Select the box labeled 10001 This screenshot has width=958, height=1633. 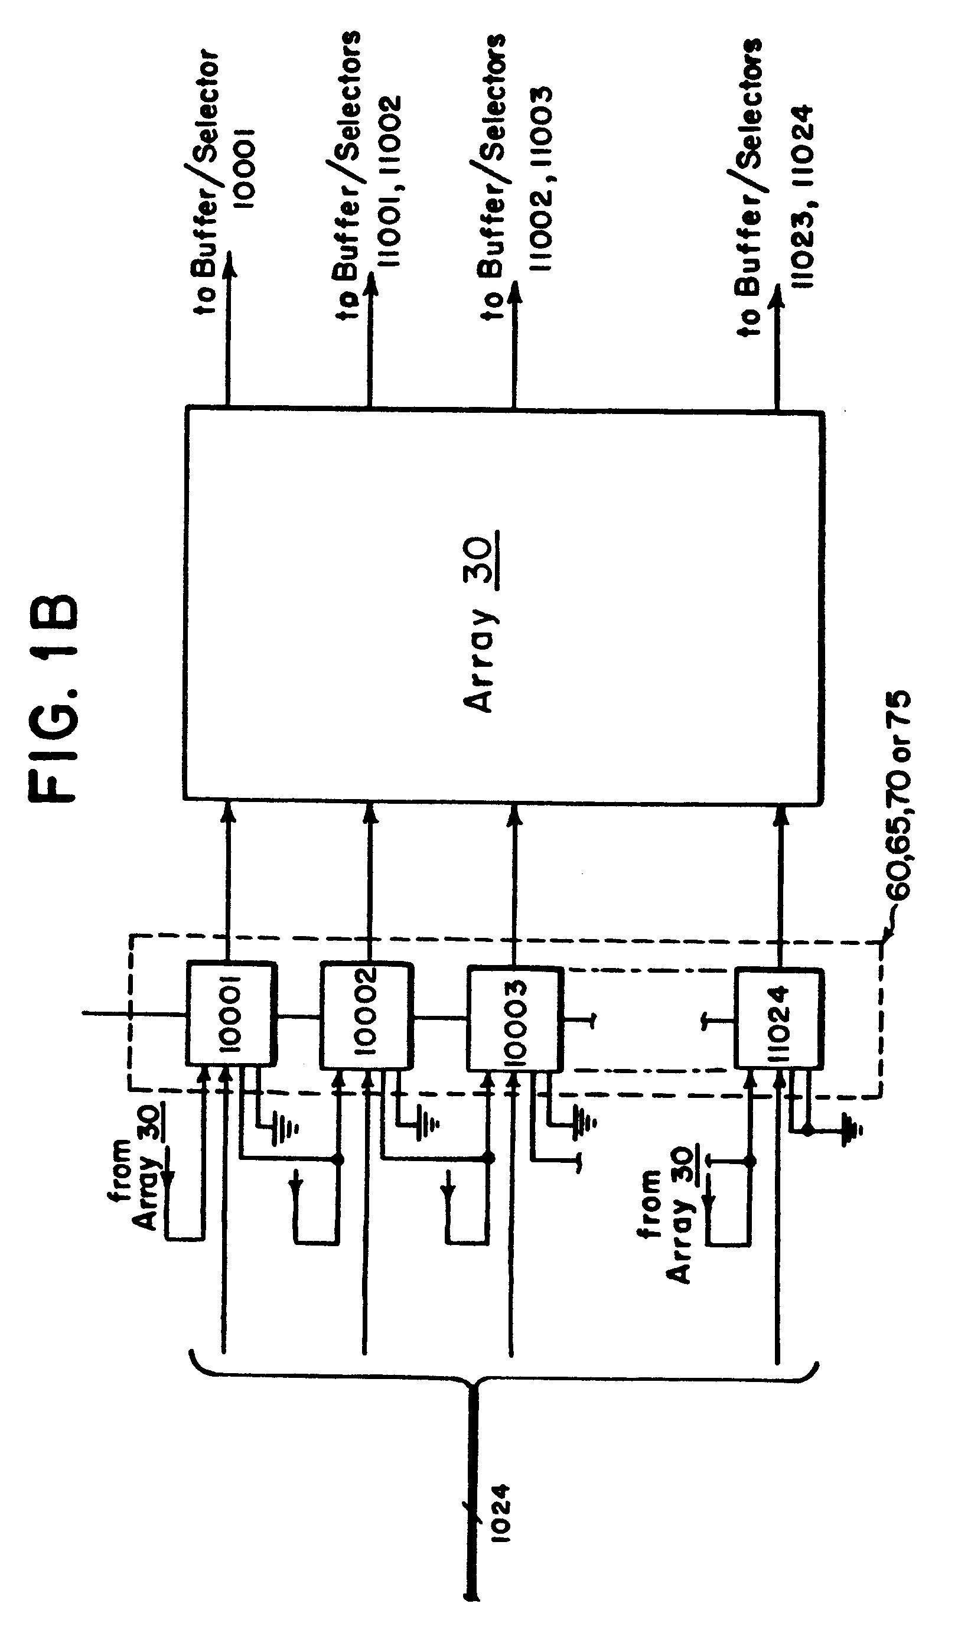pos(232,1013)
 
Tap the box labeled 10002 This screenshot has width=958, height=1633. pos(367,1016)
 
